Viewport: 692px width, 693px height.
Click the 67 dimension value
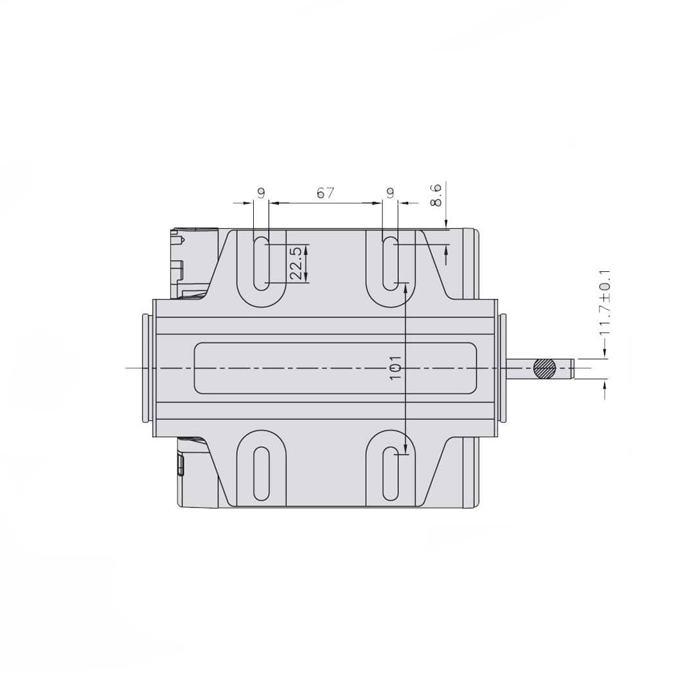[x=325, y=193]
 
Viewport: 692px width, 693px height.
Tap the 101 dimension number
[x=396, y=368]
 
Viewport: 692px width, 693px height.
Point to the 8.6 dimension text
[x=436, y=195]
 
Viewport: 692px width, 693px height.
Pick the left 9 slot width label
[x=262, y=193]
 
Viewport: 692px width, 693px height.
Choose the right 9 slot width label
[x=390, y=193]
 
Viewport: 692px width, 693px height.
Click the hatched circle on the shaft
[x=544, y=368]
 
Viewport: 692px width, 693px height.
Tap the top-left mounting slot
[x=261, y=264]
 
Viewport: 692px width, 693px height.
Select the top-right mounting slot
[x=390, y=264]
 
